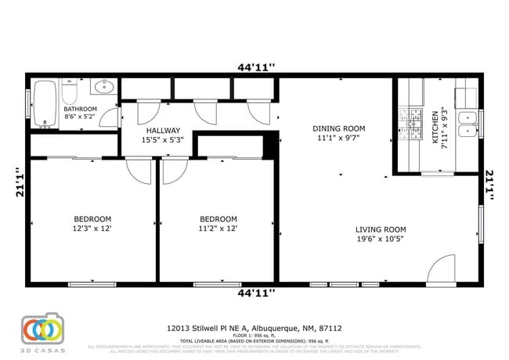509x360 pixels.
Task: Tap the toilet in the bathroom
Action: click(x=68, y=94)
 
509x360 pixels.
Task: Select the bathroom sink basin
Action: click(x=102, y=88)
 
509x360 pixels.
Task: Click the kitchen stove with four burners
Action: click(x=410, y=123)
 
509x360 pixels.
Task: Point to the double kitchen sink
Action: click(x=467, y=123)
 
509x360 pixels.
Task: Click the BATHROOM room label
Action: click(x=80, y=109)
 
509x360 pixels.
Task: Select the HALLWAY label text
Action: click(x=162, y=131)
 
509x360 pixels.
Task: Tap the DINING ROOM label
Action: click(x=338, y=128)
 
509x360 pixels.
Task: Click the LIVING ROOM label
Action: click(x=383, y=229)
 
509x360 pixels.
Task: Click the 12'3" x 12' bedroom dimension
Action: click(x=92, y=229)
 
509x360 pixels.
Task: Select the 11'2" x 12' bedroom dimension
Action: click(x=217, y=229)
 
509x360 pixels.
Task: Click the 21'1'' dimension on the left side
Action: click(x=17, y=181)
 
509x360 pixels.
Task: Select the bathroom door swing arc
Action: click(x=112, y=117)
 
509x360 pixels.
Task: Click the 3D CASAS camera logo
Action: click(x=41, y=330)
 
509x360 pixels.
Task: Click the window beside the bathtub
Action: click(x=29, y=103)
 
